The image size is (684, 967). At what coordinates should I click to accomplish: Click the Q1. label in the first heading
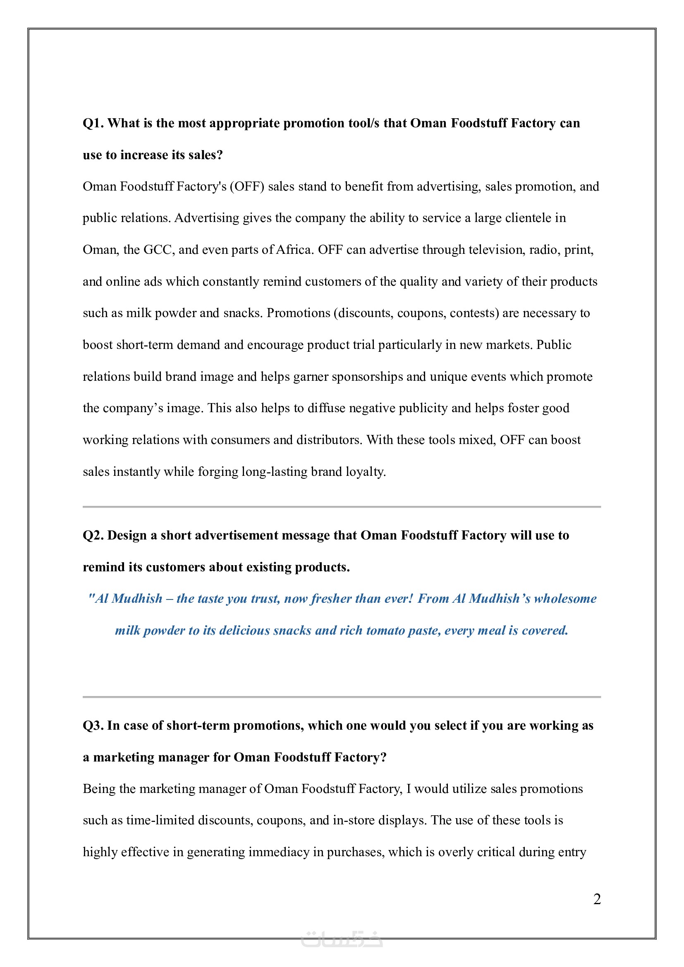tap(93, 123)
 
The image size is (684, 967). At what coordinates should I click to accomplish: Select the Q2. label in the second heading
tap(93, 535)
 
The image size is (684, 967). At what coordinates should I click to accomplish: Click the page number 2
tap(597, 899)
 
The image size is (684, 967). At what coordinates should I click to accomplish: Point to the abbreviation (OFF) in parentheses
tap(247, 186)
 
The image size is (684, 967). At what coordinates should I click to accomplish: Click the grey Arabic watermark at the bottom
tap(342, 939)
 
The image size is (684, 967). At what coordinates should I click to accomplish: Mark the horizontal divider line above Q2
tap(342, 507)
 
